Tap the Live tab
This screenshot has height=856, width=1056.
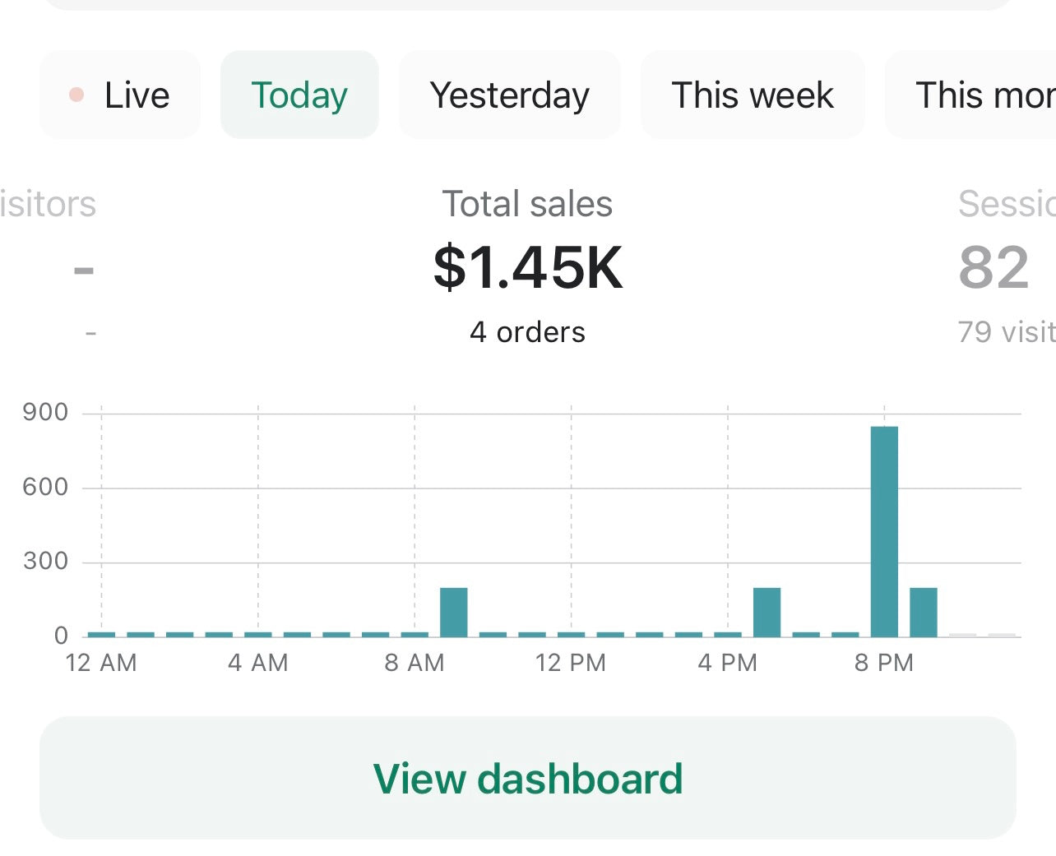click(x=120, y=95)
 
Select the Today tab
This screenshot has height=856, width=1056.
click(x=299, y=95)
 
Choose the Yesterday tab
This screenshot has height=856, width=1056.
click(x=509, y=95)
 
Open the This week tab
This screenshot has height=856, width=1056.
click(x=752, y=95)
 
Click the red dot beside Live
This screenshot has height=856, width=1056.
click(x=76, y=95)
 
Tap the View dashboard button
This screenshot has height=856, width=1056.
click(x=528, y=778)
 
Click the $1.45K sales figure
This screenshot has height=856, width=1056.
click(x=528, y=267)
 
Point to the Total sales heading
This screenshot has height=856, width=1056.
click(x=527, y=204)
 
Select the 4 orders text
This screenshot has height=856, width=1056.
click(x=527, y=332)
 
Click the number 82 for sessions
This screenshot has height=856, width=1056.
click(x=993, y=267)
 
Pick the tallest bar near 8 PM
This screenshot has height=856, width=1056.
click(x=884, y=530)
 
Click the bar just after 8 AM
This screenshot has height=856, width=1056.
click(x=453, y=612)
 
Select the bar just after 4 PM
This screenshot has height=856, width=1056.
click(x=767, y=612)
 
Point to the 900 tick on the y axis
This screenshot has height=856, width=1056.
click(x=45, y=412)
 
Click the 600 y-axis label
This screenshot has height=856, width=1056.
click(x=45, y=487)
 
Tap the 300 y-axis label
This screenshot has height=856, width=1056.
click(x=45, y=561)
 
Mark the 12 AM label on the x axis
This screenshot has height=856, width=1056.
click(x=101, y=663)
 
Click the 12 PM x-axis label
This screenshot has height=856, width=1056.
click(x=571, y=663)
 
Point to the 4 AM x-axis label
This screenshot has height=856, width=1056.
click(x=258, y=663)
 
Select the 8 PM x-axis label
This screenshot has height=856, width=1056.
click(x=884, y=663)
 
